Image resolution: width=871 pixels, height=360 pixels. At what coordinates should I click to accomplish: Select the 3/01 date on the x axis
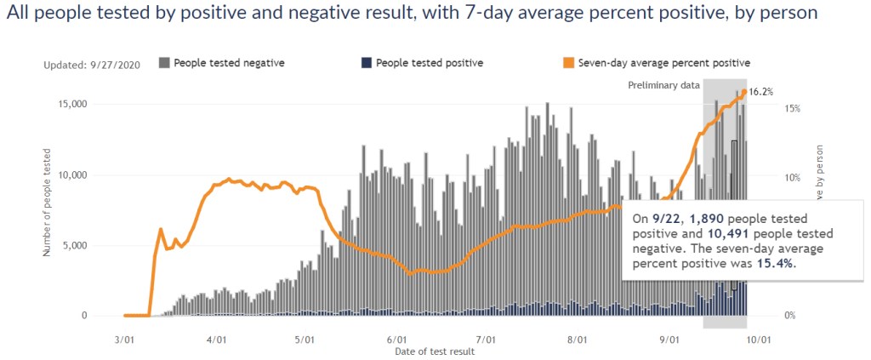tap(124, 339)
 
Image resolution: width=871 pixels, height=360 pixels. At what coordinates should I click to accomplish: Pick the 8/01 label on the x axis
tap(578, 339)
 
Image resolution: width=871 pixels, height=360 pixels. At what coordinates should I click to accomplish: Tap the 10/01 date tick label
tap(759, 339)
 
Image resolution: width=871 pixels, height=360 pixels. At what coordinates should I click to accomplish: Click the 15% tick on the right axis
tap(792, 109)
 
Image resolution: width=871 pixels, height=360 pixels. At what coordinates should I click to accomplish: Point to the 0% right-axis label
tap(790, 316)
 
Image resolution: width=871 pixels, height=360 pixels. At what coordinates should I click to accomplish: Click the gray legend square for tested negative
tap(164, 63)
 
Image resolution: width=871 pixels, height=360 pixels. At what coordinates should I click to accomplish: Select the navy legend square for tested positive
tap(367, 63)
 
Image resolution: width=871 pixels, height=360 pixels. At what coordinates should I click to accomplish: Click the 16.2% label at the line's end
tap(761, 92)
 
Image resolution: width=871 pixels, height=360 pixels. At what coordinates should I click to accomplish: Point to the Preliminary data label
tap(663, 85)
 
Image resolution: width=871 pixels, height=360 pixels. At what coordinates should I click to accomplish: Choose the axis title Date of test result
tap(435, 351)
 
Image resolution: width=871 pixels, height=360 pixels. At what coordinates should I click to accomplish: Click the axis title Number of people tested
tap(48, 202)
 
